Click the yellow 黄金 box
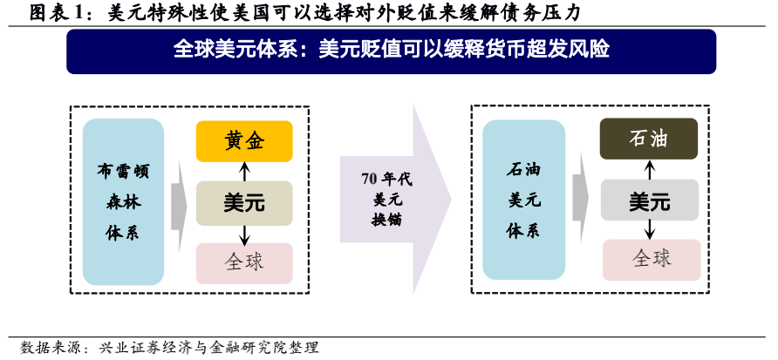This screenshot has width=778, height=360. pos(244,141)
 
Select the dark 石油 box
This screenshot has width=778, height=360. pos(649,139)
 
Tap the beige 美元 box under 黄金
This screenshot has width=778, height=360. pos(244,203)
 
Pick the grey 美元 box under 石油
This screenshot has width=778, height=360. pos(650,200)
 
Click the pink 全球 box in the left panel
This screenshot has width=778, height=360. pos(244,263)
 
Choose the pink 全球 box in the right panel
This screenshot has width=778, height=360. pos(652,260)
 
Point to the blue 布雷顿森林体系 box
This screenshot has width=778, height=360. pos(124,202)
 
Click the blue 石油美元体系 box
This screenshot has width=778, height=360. pos(524,200)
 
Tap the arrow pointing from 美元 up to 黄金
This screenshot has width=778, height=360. pos(244,172)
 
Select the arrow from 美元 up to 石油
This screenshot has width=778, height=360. pos(650,170)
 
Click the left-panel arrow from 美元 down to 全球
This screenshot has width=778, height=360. pos(244,234)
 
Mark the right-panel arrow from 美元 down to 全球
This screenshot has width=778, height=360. pos(650,230)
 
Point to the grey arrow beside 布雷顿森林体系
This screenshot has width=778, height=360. pos(179,207)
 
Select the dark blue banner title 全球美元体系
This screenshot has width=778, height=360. pos(235,50)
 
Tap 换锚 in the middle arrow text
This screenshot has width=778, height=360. pos(386,219)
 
